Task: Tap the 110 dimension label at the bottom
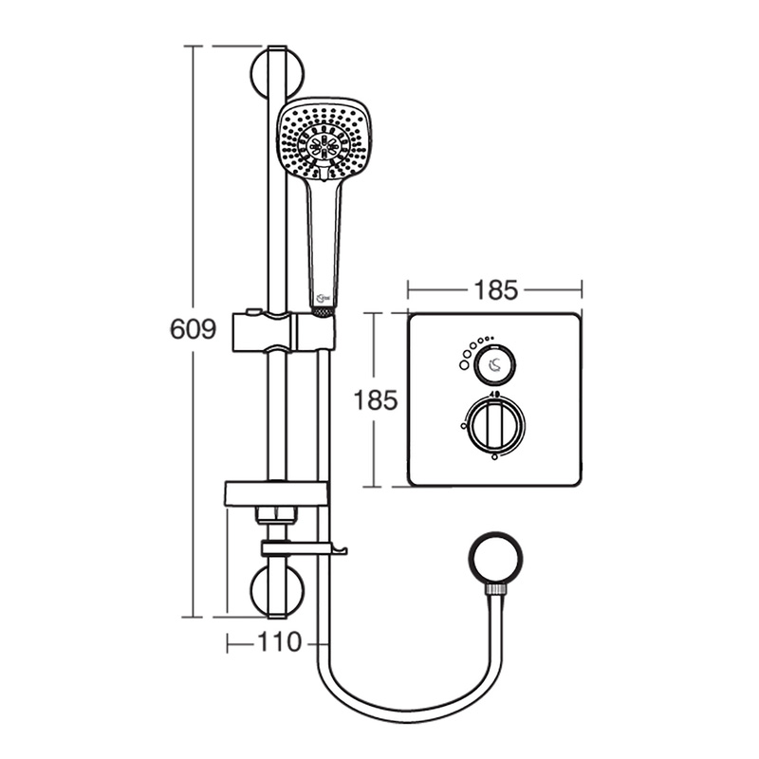[x=279, y=642]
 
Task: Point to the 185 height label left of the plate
[x=377, y=399]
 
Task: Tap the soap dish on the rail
[x=276, y=493]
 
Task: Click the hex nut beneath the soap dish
[x=276, y=516]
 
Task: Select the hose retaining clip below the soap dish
[x=302, y=549]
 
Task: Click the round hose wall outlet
[x=494, y=560]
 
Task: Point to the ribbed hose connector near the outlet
[x=494, y=590]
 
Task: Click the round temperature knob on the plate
[x=494, y=424]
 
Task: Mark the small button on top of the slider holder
[x=253, y=311]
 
